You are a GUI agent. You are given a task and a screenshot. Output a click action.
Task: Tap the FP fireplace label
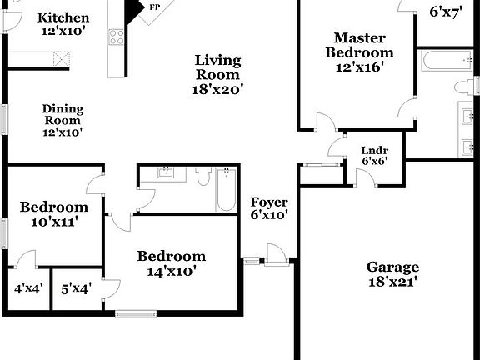coord(154,7)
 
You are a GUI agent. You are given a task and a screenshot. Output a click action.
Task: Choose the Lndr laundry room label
coord(371,152)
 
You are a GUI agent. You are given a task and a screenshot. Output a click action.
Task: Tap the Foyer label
coord(269,202)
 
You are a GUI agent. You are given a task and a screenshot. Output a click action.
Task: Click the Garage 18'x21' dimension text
coord(392,282)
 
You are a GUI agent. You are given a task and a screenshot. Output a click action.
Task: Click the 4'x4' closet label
coord(28,289)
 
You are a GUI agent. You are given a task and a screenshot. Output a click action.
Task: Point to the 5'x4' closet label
coord(76,289)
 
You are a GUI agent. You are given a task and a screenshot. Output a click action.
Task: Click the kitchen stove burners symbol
coord(116,37)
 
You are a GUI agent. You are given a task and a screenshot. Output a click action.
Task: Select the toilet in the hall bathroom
coord(202,176)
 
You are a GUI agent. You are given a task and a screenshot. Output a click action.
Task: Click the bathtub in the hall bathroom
coord(226,190)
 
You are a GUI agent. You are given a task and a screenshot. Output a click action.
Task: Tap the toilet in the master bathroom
coord(465,87)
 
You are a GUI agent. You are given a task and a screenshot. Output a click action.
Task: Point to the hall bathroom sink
coord(166,173)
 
